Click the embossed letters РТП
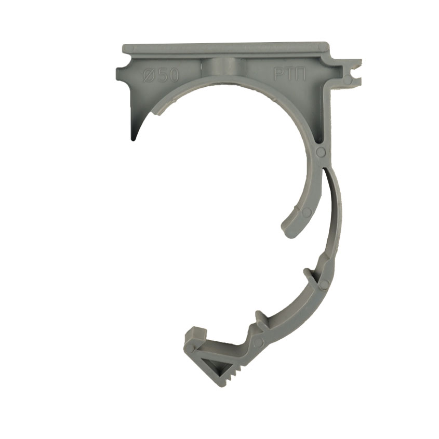pos(290,74)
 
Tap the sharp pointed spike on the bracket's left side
pos(134,131)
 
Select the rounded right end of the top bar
pos(324,46)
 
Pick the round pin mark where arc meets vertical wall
pos(321,152)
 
